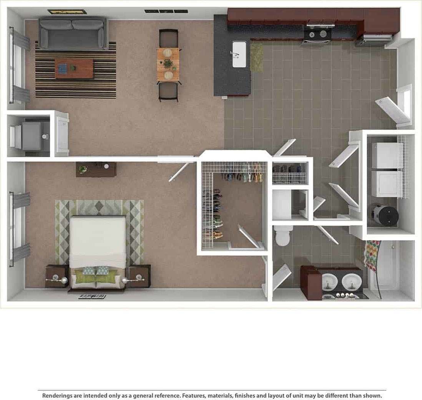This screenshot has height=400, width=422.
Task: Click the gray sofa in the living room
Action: click(x=73, y=33)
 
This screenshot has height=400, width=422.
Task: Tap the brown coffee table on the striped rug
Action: click(x=74, y=69)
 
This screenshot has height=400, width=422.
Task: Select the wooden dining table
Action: click(x=168, y=64)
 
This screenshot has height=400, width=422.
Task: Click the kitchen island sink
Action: click(x=239, y=54)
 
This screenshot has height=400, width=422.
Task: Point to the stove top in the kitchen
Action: click(x=317, y=34)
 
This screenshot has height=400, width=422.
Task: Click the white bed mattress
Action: click(x=98, y=237)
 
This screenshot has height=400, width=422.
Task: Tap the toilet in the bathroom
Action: click(x=284, y=235)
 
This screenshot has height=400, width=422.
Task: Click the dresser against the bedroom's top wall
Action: click(x=96, y=169)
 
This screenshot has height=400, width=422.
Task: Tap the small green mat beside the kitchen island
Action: click(x=257, y=57)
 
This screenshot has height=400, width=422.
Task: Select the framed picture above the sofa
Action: click(x=67, y=12)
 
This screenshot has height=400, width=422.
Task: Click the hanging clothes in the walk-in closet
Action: click(x=244, y=177)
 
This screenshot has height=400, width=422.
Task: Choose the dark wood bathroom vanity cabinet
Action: click(x=311, y=283)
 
